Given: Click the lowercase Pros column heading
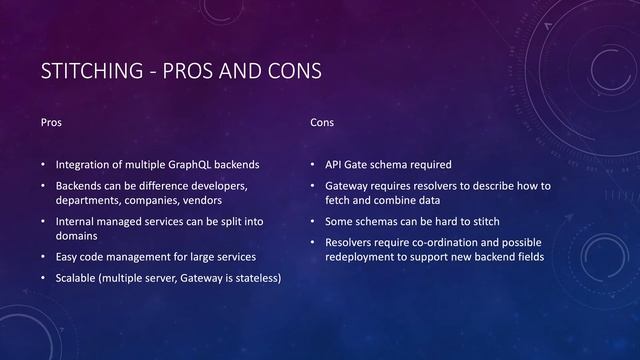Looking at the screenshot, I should click(x=50, y=122).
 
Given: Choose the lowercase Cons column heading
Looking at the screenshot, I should click(x=322, y=122).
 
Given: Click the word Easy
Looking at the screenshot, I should click(x=67, y=257).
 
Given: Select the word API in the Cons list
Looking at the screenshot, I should click(x=334, y=164).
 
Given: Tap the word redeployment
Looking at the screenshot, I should click(x=362, y=257).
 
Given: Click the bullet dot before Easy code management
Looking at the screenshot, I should click(x=43, y=257).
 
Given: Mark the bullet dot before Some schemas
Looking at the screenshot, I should click(x=313, y=221).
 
